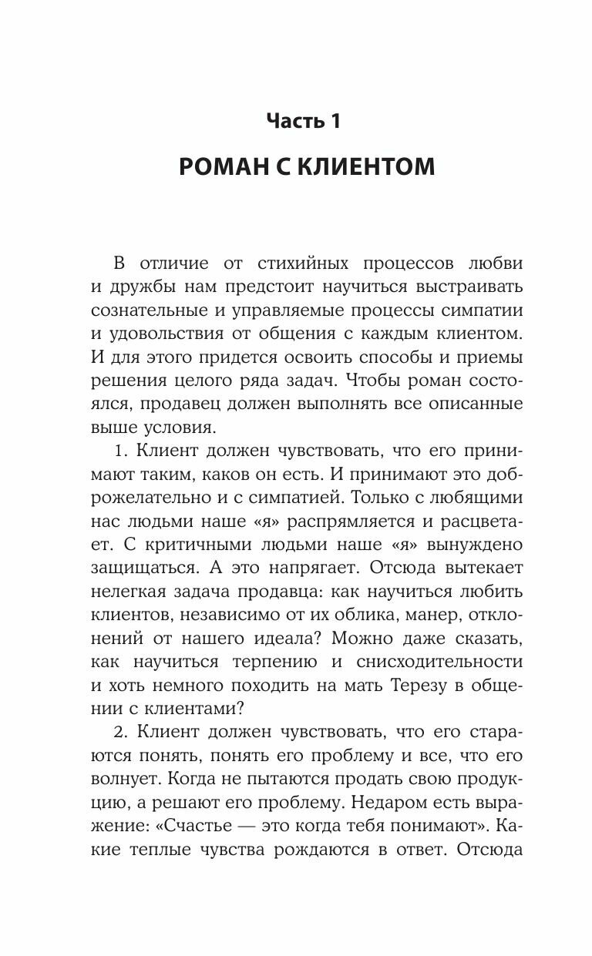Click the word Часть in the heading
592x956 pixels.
pos(292,121)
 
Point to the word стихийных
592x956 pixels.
pos(303,263)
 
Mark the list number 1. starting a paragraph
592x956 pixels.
pos(120,451)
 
